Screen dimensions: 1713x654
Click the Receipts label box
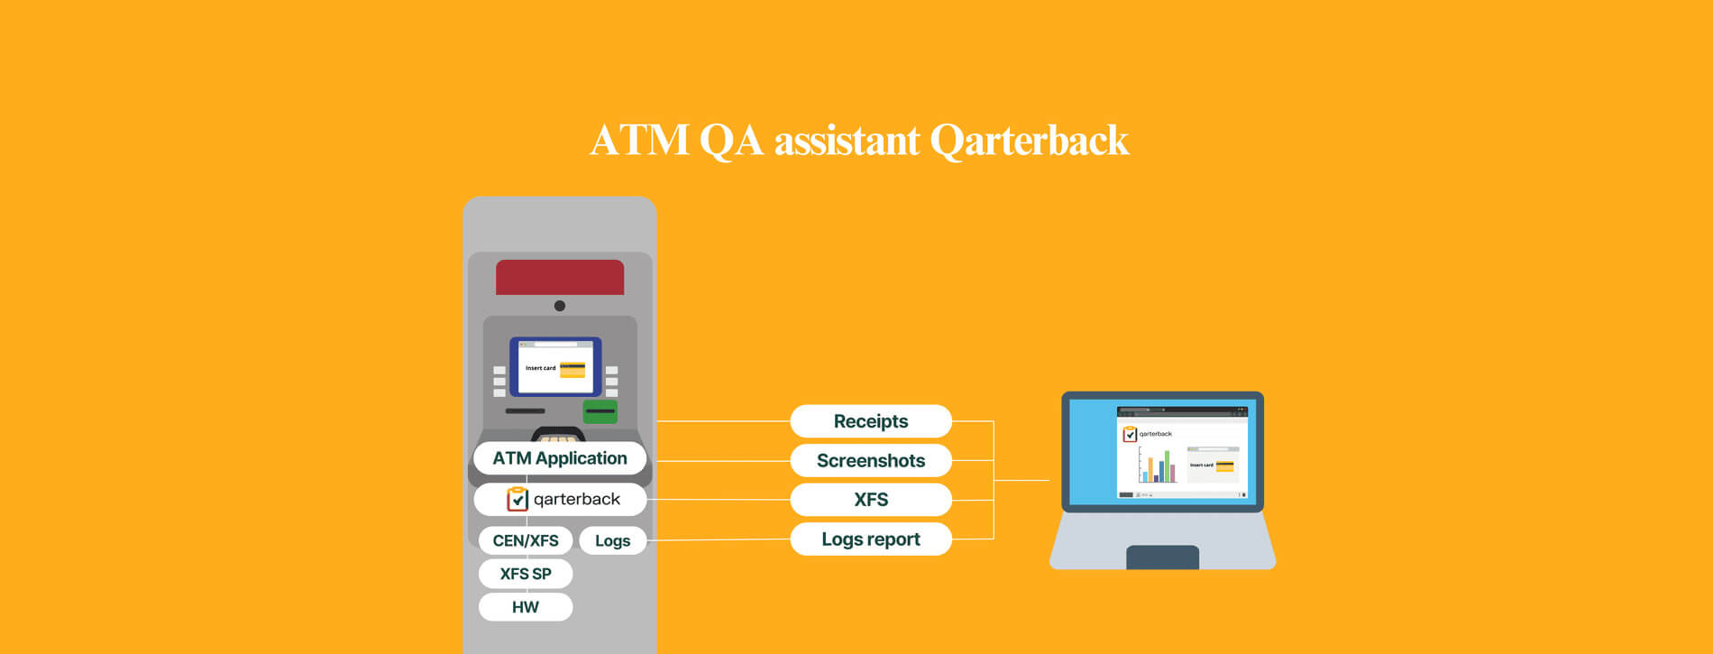click(x=871, y=421)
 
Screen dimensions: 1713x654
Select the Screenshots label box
click(x=871, y=460)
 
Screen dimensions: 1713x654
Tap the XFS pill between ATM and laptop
click(x=871, y=500)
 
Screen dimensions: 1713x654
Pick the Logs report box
click(x=871, y=539)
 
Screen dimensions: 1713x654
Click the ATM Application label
click(x=560, y=458)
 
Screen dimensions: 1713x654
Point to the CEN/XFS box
click(x=526, y=540)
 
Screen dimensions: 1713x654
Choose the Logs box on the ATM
click(x=612, y=540)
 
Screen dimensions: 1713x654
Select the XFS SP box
click(x=526, y=574)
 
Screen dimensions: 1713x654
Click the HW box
click(x=526, y=607)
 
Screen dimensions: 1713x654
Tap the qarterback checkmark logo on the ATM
click(x=518, y=499)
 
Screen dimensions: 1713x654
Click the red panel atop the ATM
click(x=560, y=277)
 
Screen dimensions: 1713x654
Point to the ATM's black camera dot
click(x=560, y=306)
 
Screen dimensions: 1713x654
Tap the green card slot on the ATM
click(x=600, y=411)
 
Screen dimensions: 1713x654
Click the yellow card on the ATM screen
click(x=573, y=369)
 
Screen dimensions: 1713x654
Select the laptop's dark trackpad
click(x=1163, y=557)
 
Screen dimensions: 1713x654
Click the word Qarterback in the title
click(x=1029, y=141)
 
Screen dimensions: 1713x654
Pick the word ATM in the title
click(x=639, y=141)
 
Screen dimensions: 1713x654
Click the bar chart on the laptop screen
click(x=1158, y=465)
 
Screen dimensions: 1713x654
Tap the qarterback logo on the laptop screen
click(x=1130, y=434)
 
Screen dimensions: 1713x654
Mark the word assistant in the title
click(x=847, y=141)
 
